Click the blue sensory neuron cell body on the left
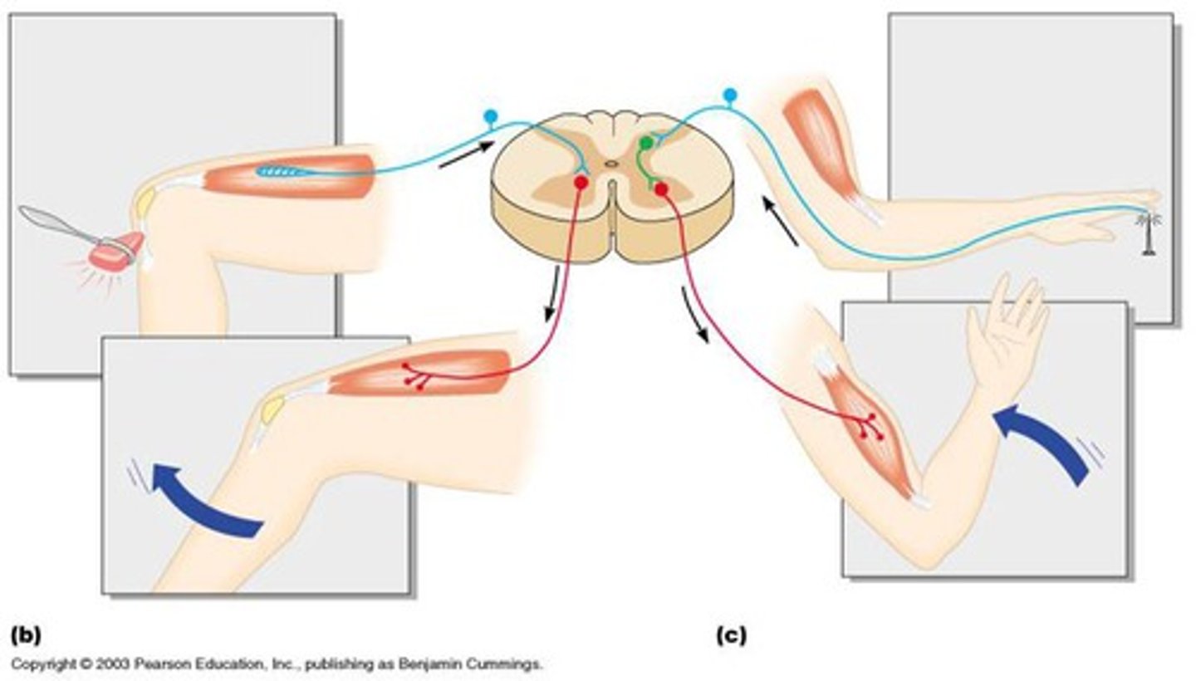[491, 117]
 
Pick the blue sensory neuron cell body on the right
[730, 96]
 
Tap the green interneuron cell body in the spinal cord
[645, 145]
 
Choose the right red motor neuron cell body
[661, 190]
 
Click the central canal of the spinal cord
[612, 164]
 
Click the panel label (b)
[26, 636]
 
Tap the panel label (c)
[731, 636]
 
